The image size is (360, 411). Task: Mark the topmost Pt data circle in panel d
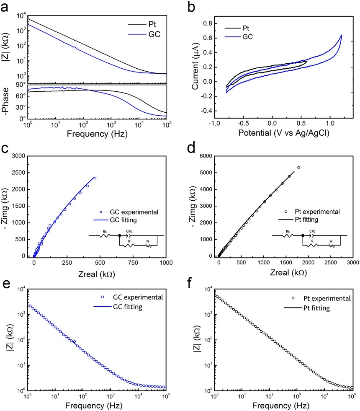click(x=299, y=168)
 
